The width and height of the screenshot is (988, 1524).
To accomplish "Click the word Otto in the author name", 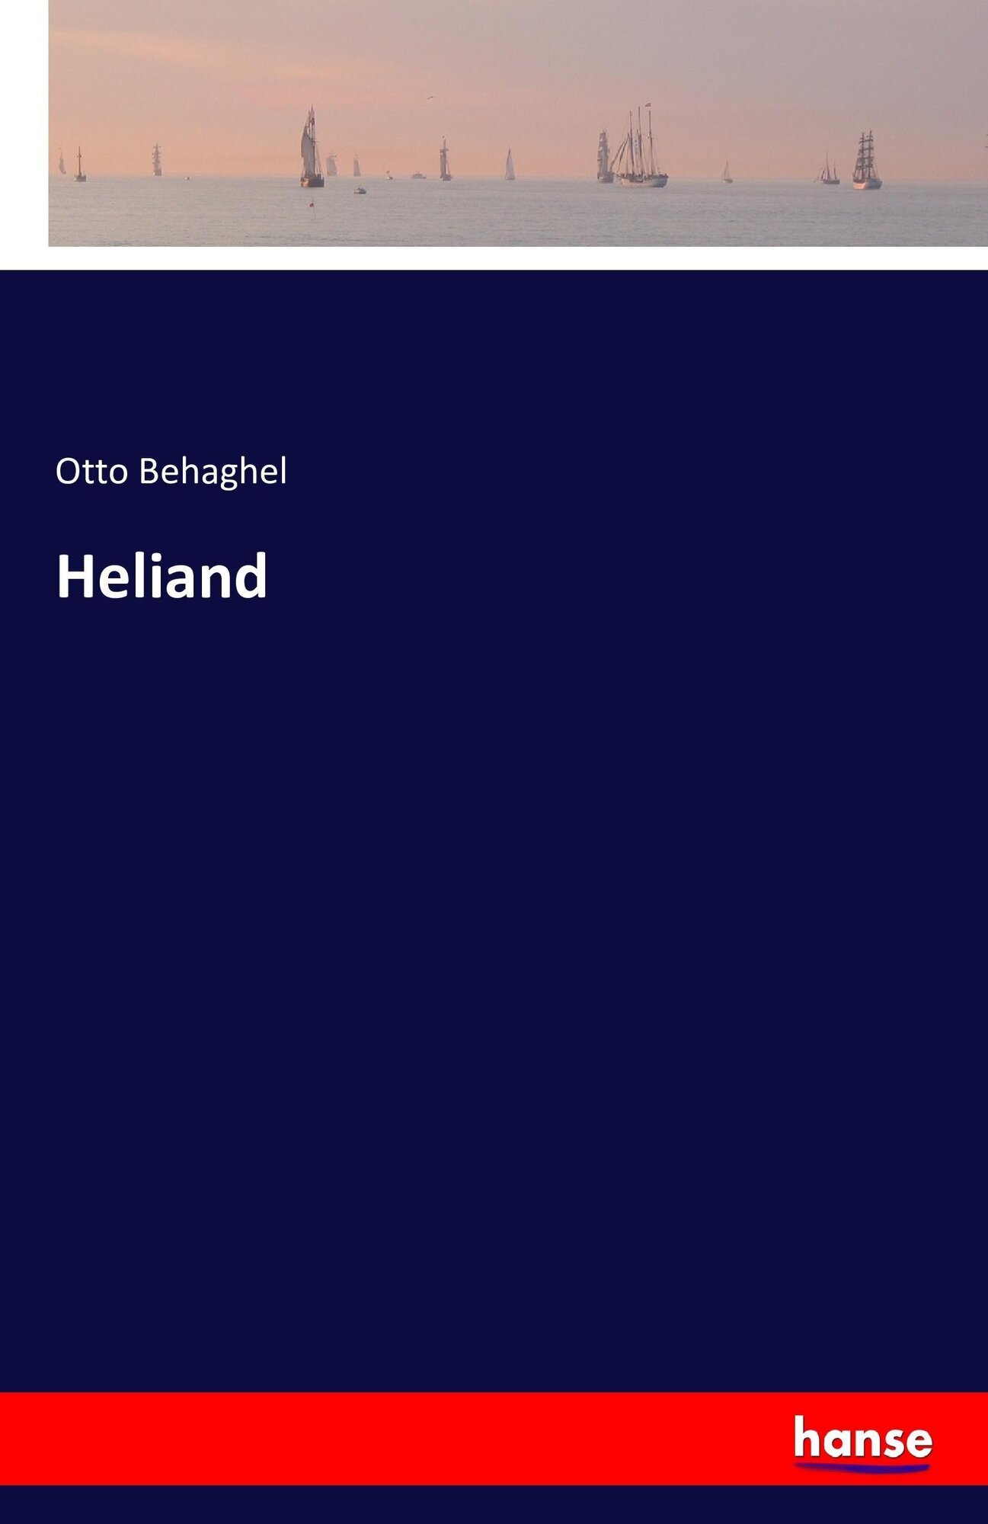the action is (x=91, y=472).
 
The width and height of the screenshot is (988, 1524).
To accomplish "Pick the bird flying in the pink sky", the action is (x=430, y=98).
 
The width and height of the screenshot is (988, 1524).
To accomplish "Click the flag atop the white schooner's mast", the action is (x=647, y=105).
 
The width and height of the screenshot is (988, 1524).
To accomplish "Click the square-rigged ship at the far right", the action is (x=866, y=159).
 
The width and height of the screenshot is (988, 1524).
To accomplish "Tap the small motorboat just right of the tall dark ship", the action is (x=360, y=190).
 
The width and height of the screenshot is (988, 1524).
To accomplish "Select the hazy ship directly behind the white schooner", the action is (x=605, y=156).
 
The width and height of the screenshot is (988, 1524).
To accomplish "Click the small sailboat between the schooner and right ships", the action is (x=727, y=172).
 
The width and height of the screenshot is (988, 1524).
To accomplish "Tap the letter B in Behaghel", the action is (x=149, y=472).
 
